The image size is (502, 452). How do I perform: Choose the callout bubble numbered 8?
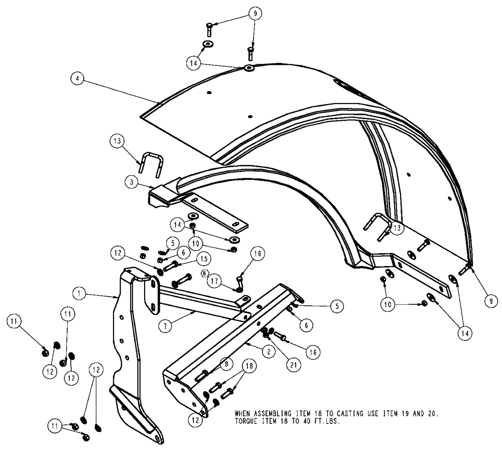pyautogui.click(x=228, y=361)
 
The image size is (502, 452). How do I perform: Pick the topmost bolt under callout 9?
pyautogui.click(x=210, y=29)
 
